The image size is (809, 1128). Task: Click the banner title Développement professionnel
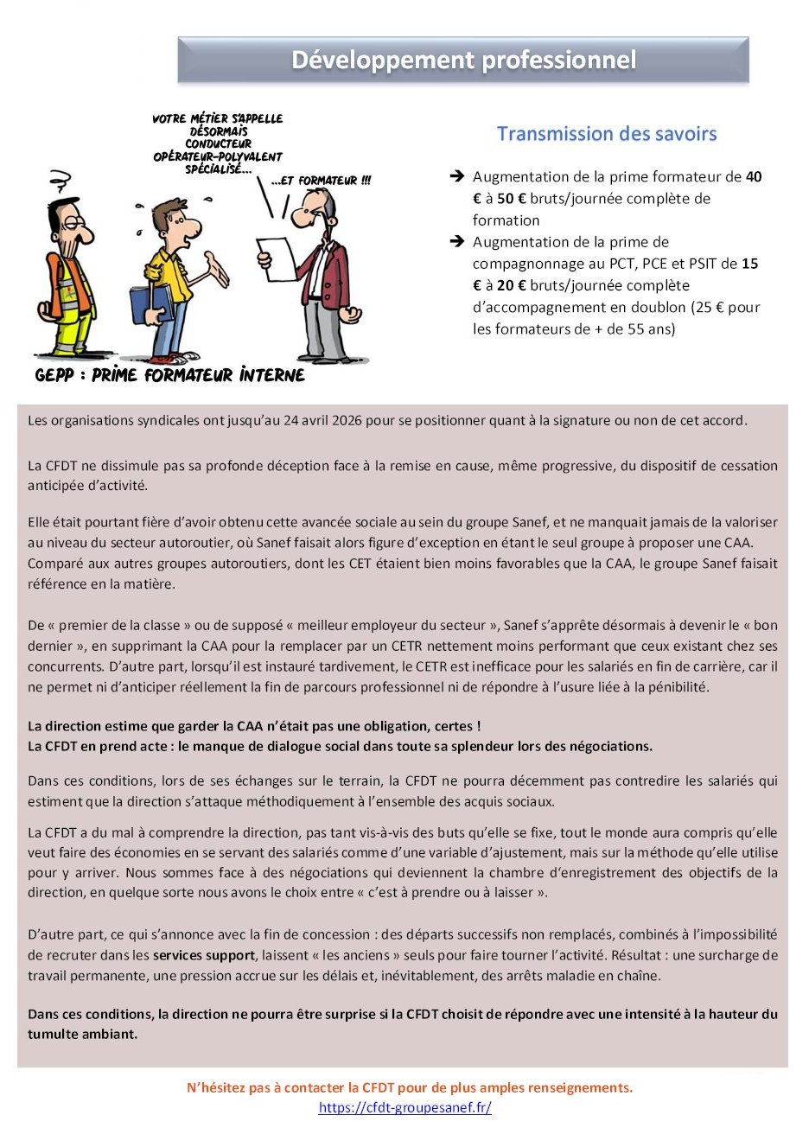coord(463,60)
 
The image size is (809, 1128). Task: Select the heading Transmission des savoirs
coord(606,134)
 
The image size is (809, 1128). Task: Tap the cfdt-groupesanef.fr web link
coord(404,1107)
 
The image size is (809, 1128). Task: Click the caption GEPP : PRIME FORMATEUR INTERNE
coord(169,375)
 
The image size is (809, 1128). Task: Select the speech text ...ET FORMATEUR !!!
coord(321,181)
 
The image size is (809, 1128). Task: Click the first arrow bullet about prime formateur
coord(457,177)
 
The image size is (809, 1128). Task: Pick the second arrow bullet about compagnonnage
coord(457,242)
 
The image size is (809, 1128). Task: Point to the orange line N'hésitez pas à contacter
coord(410,1087)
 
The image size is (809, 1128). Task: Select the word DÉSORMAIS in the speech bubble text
coord(219,131)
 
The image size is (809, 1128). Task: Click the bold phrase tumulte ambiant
coord(82,1034)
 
